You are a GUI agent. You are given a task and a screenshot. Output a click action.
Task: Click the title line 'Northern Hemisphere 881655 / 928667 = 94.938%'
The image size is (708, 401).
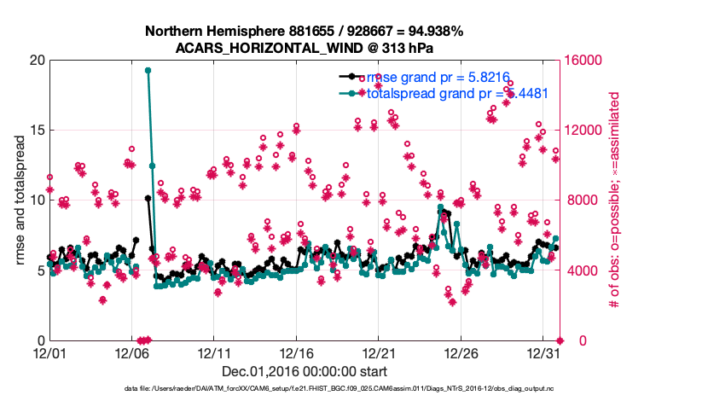pos(304,31)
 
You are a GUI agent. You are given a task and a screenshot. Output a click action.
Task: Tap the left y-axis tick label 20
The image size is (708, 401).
pos(37,61)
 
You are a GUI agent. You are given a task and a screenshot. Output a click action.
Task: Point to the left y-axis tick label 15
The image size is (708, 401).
pos(37,131)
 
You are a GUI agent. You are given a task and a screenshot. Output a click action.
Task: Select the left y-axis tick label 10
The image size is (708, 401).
pos(37,200)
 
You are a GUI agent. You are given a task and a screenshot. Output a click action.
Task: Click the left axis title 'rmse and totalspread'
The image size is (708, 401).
pos(19,200)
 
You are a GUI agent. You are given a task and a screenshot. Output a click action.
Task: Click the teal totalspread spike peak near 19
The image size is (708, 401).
pos(148,71)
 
